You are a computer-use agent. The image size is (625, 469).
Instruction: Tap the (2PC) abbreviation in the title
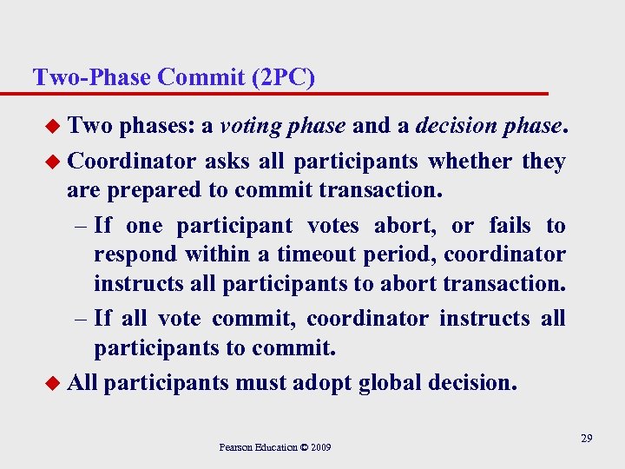coord(282,77)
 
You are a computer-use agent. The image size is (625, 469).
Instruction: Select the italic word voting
coord(250,127)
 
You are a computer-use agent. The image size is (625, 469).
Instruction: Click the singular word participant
coord(234,226)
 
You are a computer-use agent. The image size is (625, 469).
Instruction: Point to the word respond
coord(128,255)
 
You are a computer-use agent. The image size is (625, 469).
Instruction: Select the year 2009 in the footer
coord(320,448)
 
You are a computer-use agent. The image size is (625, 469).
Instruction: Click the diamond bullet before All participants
coord(54,383)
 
